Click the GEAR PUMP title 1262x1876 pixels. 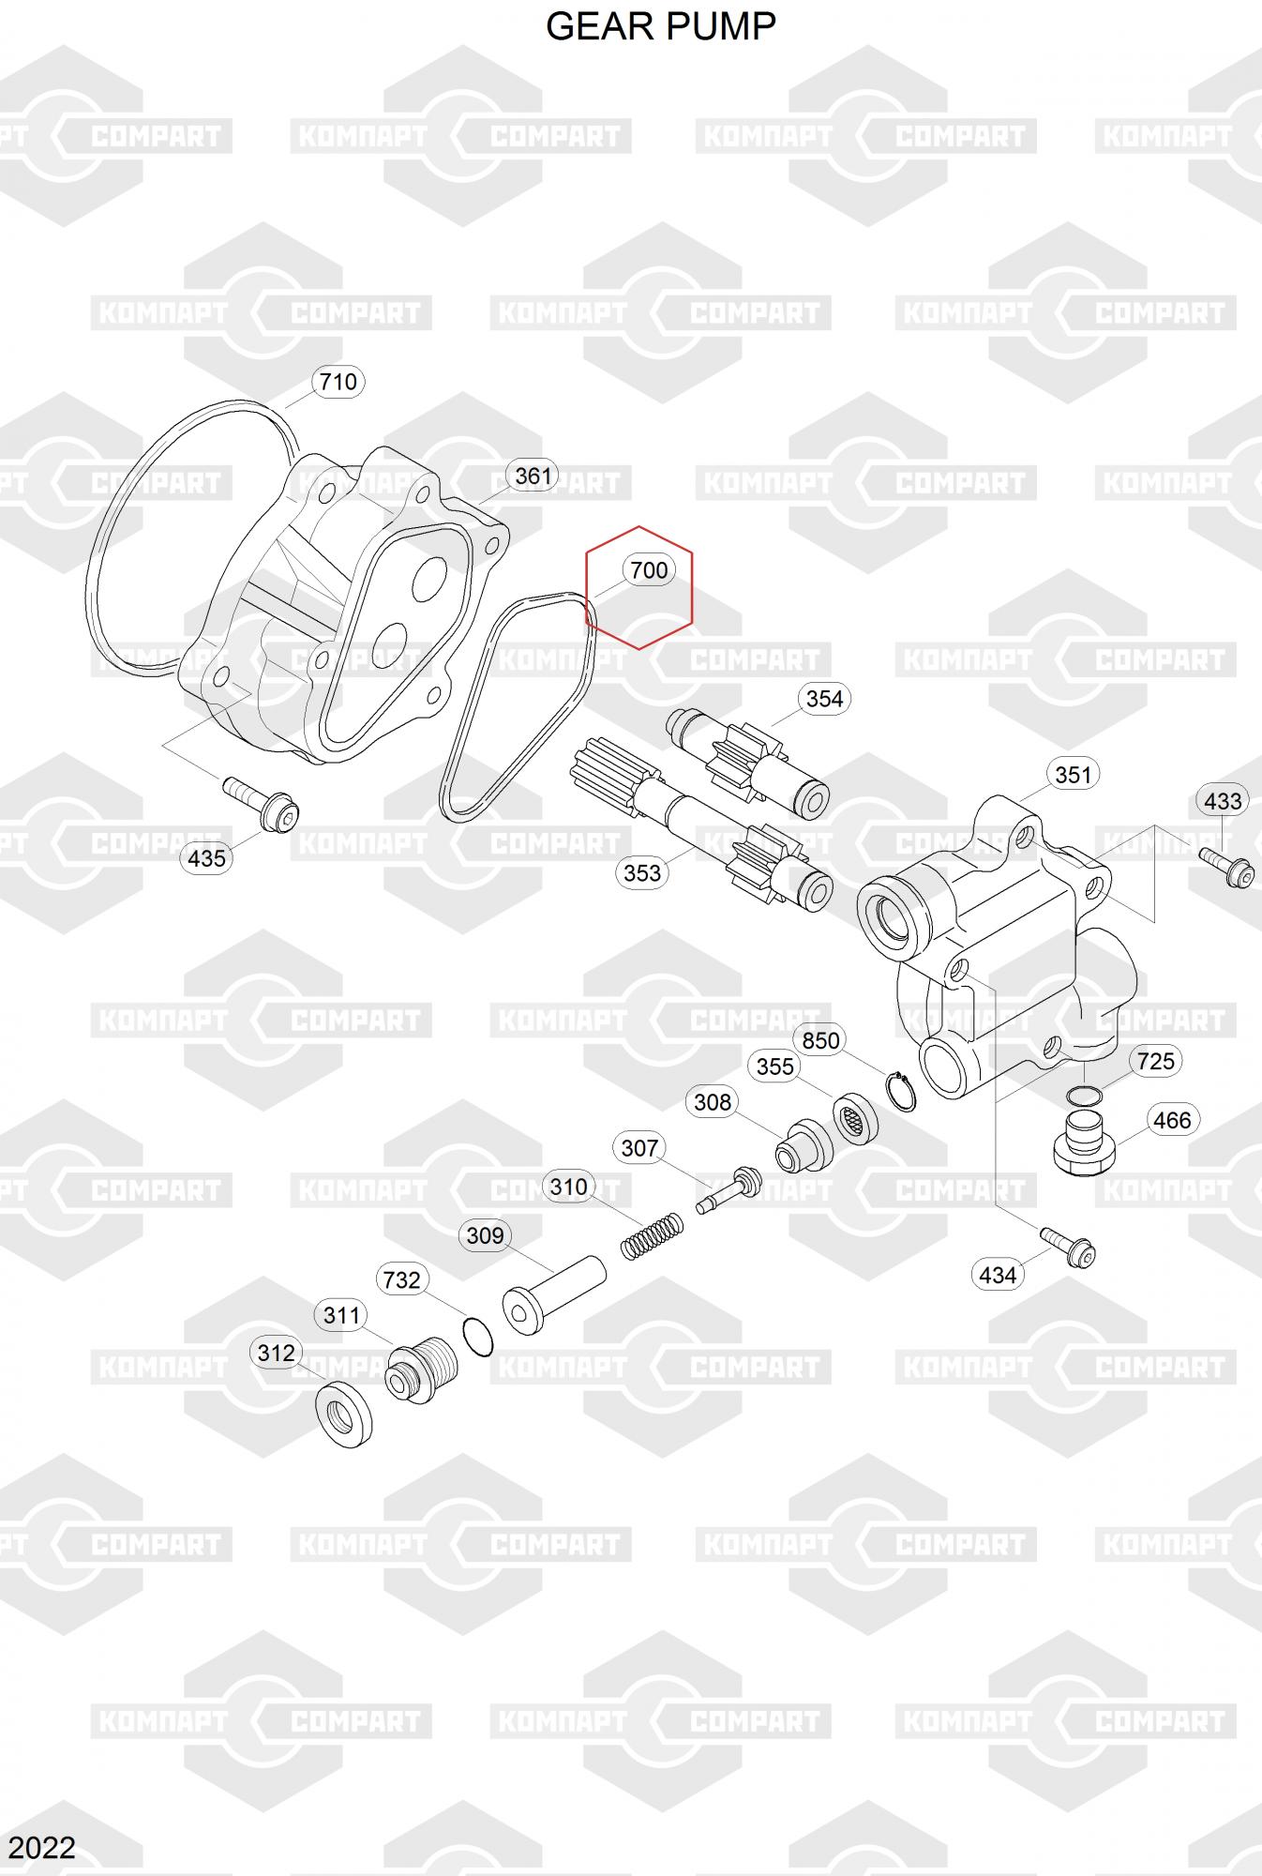(x=660, y=26)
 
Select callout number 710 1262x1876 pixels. (x=338, y=382)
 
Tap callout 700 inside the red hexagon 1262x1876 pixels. (x=649, y=570)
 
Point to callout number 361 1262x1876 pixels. (x=533, y=476)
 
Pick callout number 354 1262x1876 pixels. (x=824, y=699)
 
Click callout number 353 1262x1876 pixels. (x=642, y=872)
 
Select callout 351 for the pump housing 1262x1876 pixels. (x=1073, y=775)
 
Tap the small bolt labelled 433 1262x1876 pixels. (x=1227, y=867)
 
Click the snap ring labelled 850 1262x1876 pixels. (x=901, y=1092)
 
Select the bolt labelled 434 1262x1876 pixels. (x=1068, y=1247)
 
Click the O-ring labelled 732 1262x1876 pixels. (x=478, y=1336)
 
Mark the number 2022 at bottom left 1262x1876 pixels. (x=42, y=1847)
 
